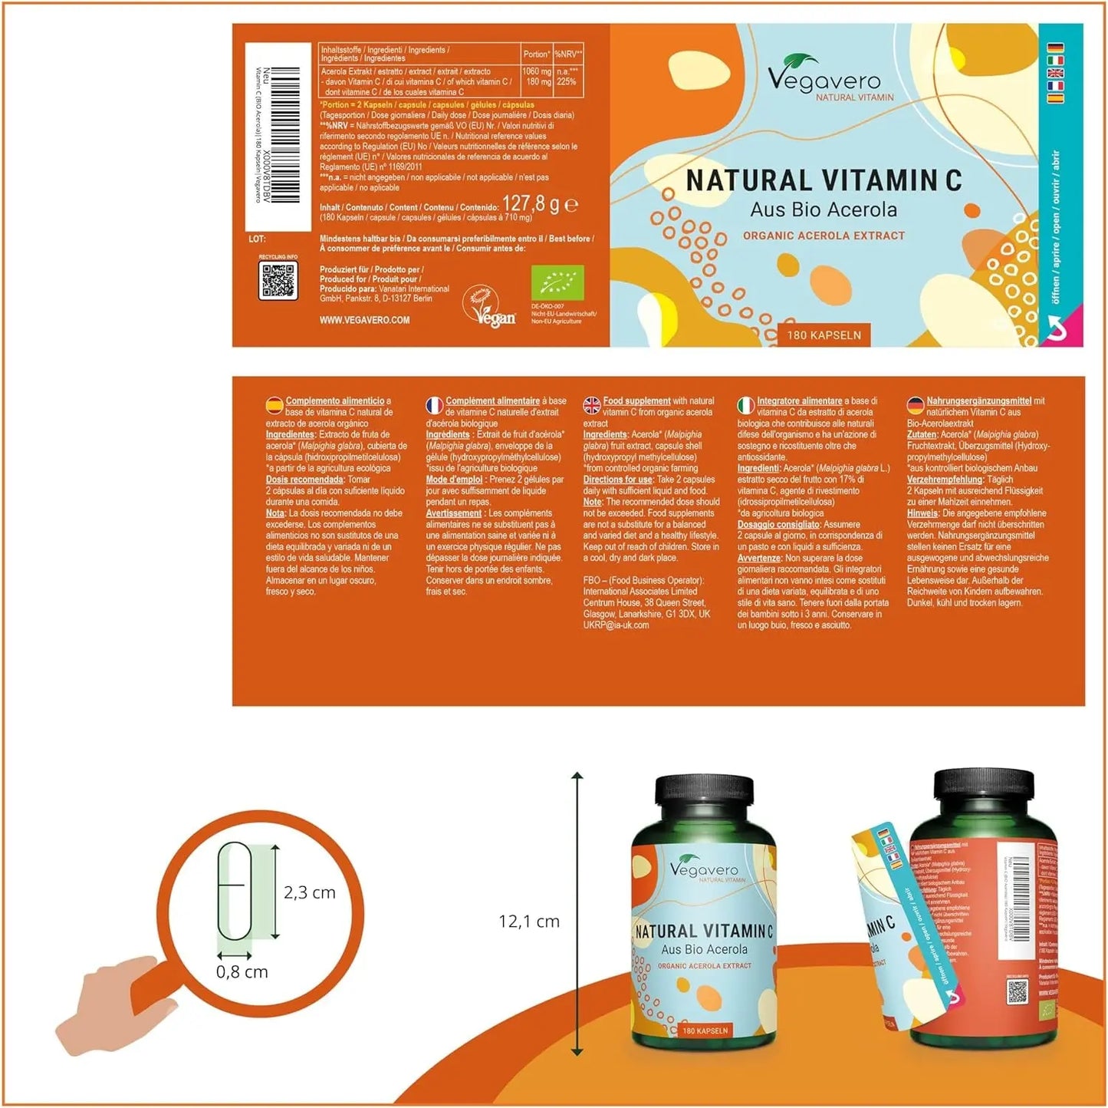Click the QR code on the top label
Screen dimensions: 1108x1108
[278, 281]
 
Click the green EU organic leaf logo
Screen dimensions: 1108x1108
[557, 283]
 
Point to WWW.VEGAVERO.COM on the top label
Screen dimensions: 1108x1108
[364, 320]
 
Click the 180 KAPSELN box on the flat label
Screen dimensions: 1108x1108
[824, 335]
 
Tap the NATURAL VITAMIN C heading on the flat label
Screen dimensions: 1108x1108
[824, 181]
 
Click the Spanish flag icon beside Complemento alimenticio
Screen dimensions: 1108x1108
[274, 405]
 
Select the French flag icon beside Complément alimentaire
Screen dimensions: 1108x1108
[434, 405]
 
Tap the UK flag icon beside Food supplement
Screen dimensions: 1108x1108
[592, 405]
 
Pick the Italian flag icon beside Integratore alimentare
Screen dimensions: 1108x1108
[745, 405]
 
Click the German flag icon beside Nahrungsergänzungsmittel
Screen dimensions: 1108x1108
[916, 405]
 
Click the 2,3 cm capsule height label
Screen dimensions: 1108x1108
[310, 892]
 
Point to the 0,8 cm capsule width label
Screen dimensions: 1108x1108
[242, 972]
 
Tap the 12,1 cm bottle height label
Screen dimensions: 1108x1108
[529, 922]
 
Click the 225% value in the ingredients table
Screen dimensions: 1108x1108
[567, 81]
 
